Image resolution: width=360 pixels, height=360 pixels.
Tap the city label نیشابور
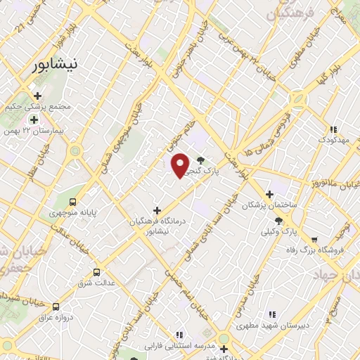(x=58, y=65)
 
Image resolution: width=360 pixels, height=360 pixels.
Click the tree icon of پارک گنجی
(x=202, y=160)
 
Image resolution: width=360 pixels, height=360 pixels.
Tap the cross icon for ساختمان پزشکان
(x=269, y=195)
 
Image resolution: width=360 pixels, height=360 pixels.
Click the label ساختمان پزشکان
(x=265, y=205)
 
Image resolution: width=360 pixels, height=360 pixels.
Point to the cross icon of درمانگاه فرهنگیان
(x=157, y=210)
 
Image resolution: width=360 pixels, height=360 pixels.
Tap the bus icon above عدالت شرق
(x=97, y=271)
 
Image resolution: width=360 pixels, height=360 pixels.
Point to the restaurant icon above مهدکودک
(x=333, y=129)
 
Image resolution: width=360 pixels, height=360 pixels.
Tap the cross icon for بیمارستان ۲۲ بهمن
(x=33, y=120)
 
